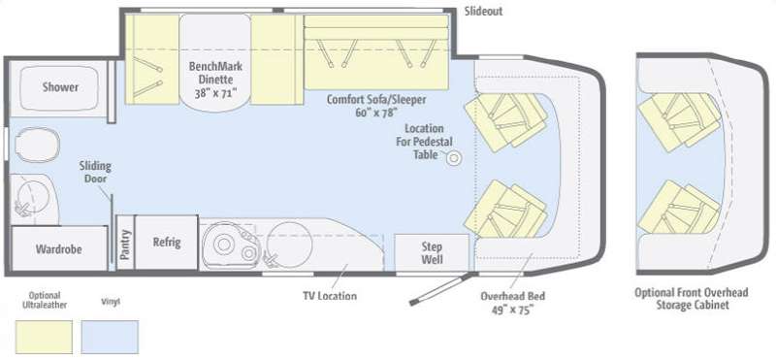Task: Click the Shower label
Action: point(60,87)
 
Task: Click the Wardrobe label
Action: point(58,248)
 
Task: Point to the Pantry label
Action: point(126,245)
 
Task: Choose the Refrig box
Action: point(167,243)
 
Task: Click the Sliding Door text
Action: point(95,172)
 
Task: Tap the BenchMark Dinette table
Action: point(214,59)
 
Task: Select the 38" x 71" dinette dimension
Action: point(215,92)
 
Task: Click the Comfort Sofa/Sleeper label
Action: point(376,100)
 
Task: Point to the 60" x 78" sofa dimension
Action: point(376,113)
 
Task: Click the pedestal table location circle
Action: point(454,159)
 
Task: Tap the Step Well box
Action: point(432,252)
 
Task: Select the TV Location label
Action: point(330,296)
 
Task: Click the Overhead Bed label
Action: point(513,296)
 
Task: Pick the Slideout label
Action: point(483,12)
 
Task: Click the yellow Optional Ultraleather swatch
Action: point(44,337)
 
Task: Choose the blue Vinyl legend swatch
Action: point(110,337)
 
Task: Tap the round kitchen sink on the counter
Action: point(289,243)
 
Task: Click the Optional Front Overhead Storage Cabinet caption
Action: point(692,299)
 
